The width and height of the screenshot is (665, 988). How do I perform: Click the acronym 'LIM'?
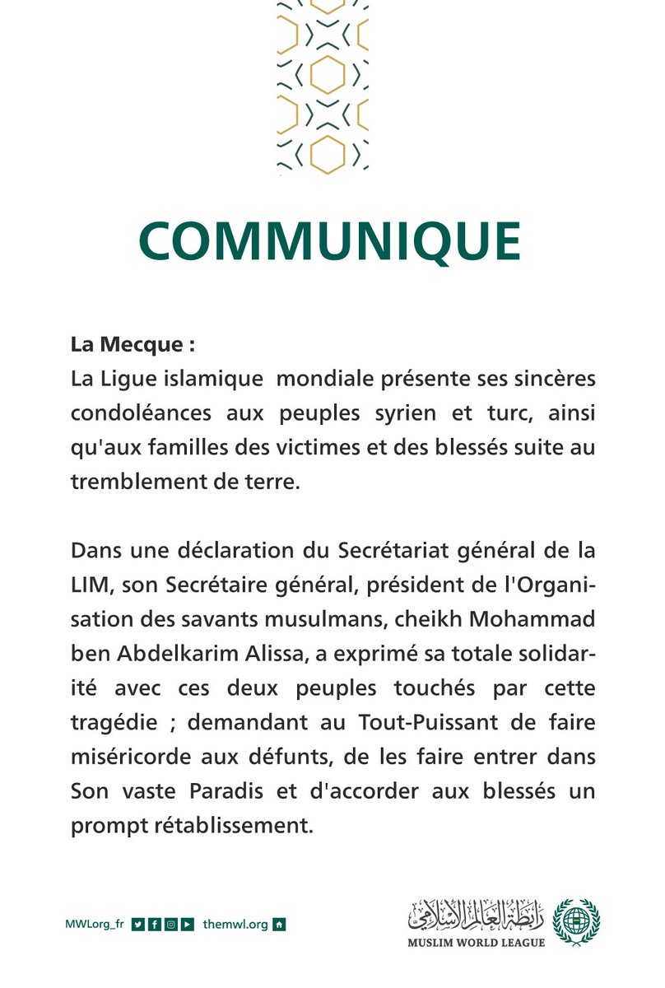89,585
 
